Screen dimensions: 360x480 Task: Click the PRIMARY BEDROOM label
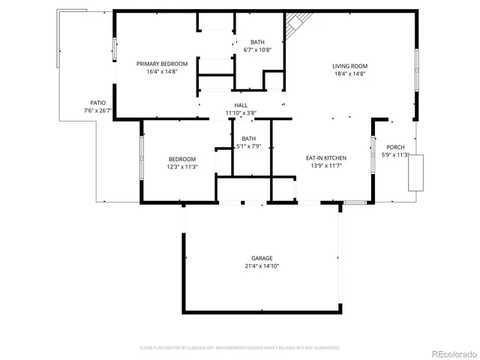162,64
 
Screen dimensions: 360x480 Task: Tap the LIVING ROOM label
349,66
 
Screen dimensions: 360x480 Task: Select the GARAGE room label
262,257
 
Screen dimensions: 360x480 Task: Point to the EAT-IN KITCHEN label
325,157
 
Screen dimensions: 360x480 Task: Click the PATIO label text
97,103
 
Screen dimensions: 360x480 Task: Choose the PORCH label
395,147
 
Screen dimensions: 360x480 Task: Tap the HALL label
241,105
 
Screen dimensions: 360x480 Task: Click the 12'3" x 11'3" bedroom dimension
182,167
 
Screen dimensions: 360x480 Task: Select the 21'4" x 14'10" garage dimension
262,265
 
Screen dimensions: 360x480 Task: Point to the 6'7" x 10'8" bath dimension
257,50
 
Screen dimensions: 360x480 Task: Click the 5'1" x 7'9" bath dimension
248,147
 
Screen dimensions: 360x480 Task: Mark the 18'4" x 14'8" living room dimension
349,74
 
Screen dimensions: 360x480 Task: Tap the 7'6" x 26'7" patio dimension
97,111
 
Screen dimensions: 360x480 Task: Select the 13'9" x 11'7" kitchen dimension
325,166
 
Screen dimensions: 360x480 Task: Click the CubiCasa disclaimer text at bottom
240,348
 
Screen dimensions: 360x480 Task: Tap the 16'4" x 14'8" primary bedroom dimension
162,73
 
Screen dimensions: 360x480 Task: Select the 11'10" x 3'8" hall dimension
241,113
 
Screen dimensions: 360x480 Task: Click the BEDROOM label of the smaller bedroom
182,159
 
